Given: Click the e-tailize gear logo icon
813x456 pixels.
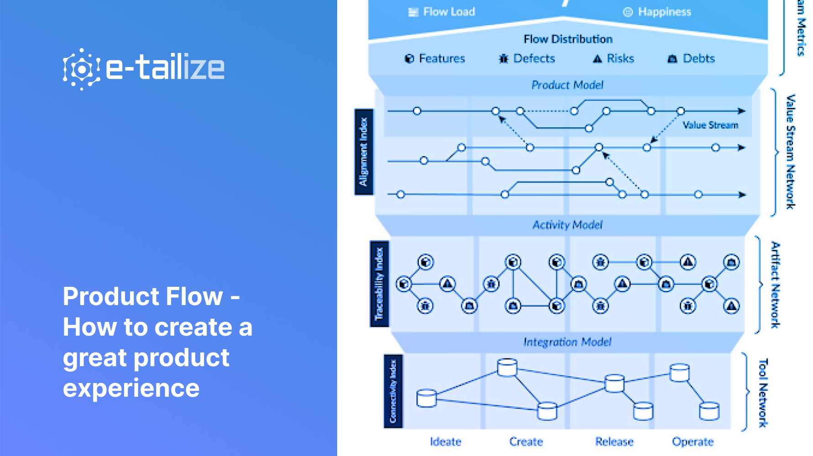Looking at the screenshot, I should [81, 69].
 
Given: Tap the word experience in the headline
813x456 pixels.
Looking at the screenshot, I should [131, 389].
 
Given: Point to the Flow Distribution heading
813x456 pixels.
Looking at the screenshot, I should [568, 39].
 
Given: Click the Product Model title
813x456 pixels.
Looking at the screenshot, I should [567, 85].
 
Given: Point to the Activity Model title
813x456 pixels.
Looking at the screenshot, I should [568, 225].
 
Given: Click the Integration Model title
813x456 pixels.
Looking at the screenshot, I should [567, 342].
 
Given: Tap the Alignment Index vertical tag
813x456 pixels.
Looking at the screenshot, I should [364, 152].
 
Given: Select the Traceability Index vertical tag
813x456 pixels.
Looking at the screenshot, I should [379, 284].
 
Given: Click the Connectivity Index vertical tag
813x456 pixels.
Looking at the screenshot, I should [393, 391].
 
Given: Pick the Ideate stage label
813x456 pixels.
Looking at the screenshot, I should [445, 441].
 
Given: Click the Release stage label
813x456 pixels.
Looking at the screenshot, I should [614, 441].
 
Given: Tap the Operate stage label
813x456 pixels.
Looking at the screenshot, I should [693, 441].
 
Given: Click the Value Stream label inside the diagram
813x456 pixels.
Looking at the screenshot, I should [710, 125].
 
